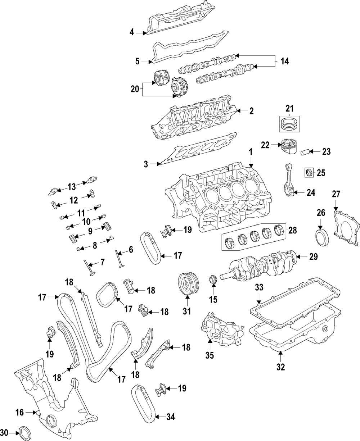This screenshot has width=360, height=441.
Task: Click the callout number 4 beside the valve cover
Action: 132,33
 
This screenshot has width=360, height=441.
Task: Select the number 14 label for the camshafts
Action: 284,62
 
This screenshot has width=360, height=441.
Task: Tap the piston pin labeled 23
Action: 305,151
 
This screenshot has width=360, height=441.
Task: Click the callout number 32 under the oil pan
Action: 280,367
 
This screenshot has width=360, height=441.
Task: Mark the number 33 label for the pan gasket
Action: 259,287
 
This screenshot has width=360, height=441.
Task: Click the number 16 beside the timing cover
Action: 19,412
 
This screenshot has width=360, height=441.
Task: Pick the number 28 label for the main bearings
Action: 293,230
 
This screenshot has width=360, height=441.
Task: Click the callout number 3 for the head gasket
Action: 146,164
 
